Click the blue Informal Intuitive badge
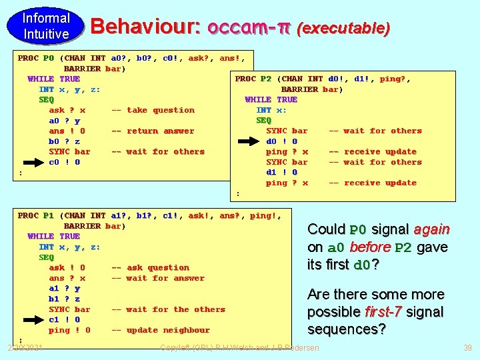click(x=46, y=26)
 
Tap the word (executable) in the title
click(x=343, y=28)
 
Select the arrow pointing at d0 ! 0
click(x=251, y=141)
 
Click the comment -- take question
click(x=153, y=110)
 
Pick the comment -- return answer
click(x=153, y=131)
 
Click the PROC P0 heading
click(x=36, y=58)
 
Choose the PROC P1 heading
click(x=36, y=215)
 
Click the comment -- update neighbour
click(x=160, y=330)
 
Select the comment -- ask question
click(x=150, y=267)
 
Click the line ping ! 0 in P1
click(x=69, y=330)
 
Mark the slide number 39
click(x=467, y=347)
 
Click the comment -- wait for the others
click(x=168, y=309)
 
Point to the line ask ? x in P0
click(x=67, y=110)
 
